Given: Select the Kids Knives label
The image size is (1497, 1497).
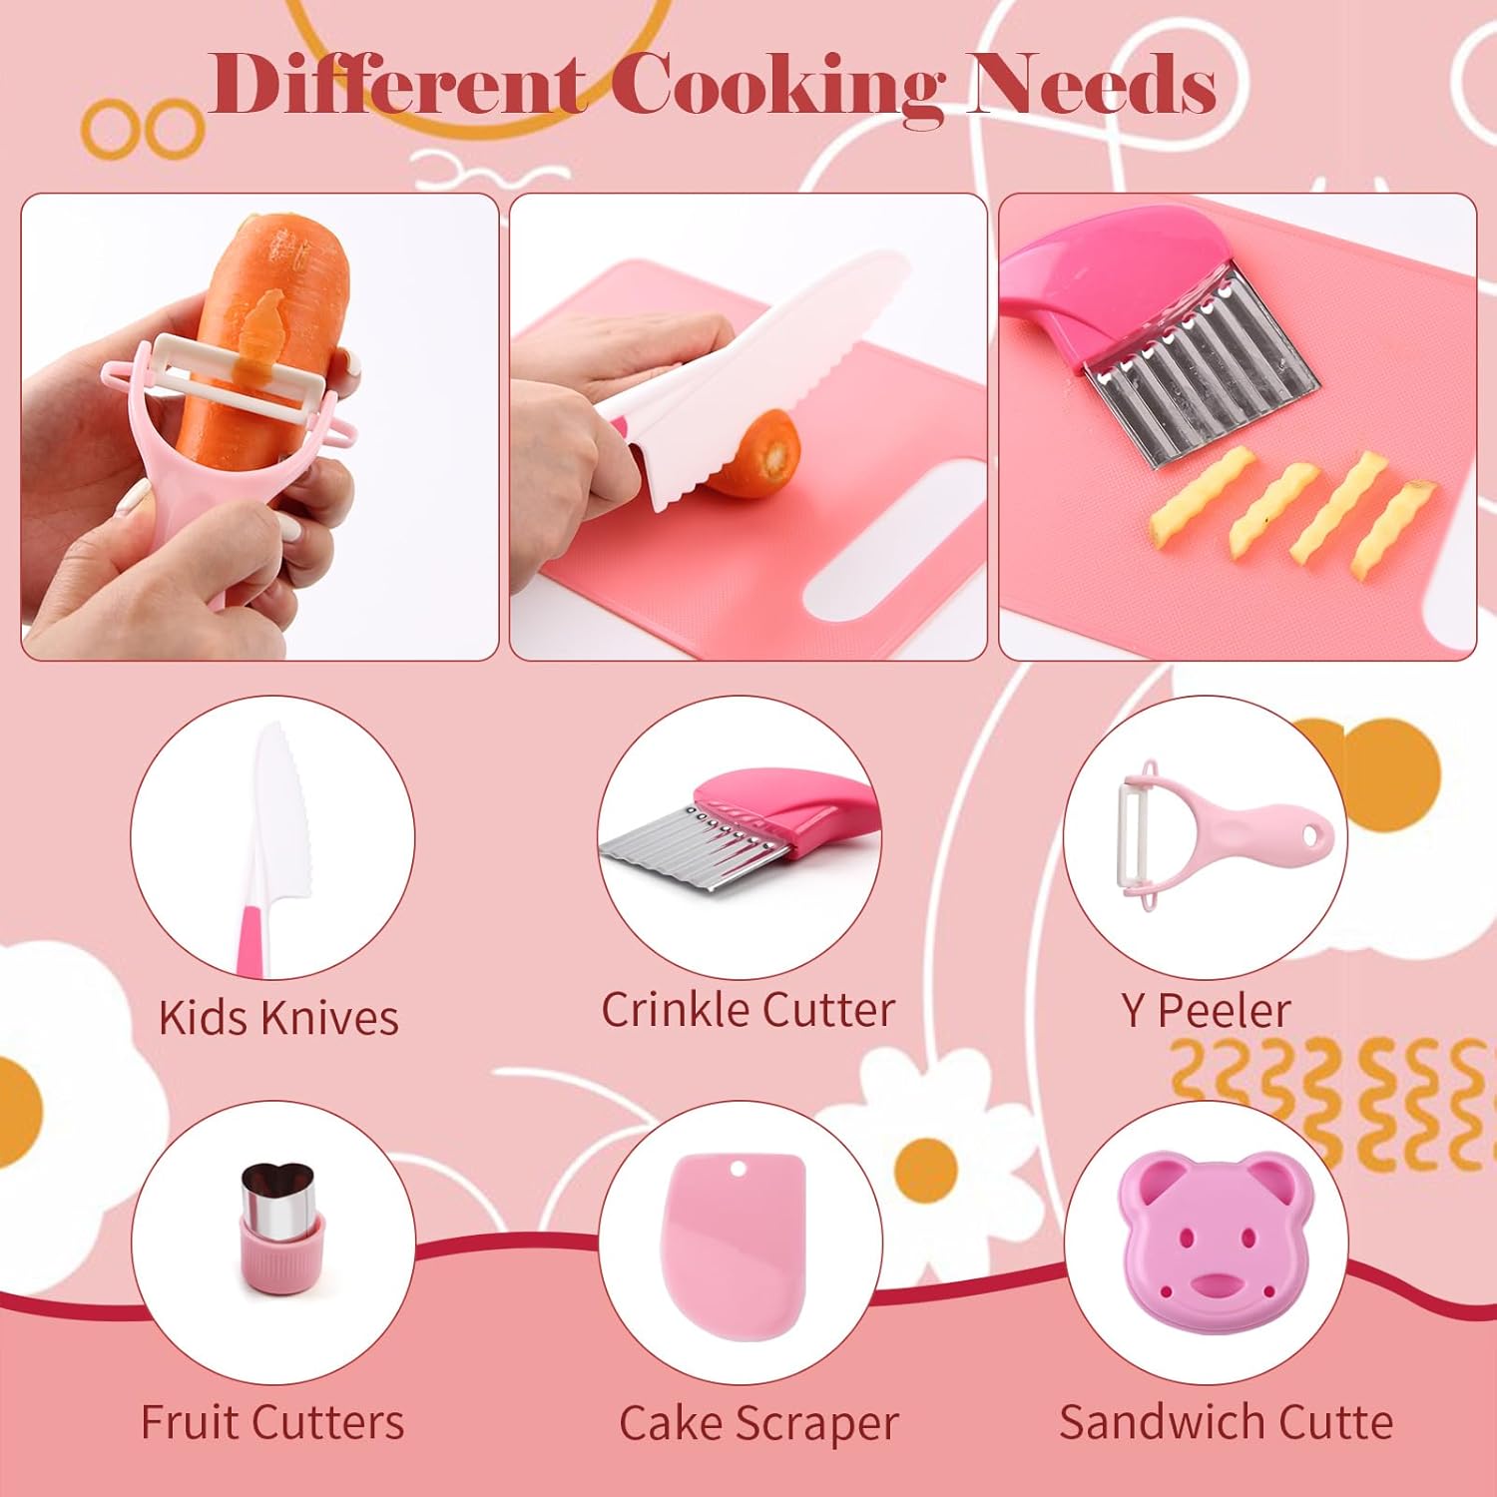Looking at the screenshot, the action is tap(278, 1018).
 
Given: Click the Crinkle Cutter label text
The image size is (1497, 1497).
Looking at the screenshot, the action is tap(748, 1009).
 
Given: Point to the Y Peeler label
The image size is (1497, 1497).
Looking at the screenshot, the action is tap(1206, 1011).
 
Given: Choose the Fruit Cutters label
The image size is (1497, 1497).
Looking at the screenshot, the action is tap(272, 1422).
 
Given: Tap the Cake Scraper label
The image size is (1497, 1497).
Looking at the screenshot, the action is tap(758, 1424).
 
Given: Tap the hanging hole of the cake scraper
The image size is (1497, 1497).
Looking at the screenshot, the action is tap(740, 1167).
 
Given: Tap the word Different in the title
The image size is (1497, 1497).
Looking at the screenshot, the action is tap(397, 84).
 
